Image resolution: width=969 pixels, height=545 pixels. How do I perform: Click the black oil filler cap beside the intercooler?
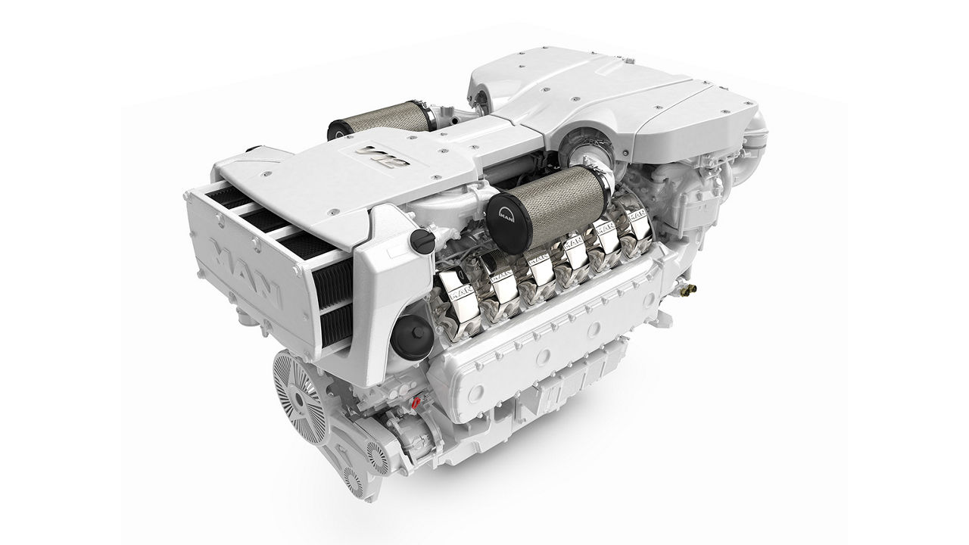pos(418,241)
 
